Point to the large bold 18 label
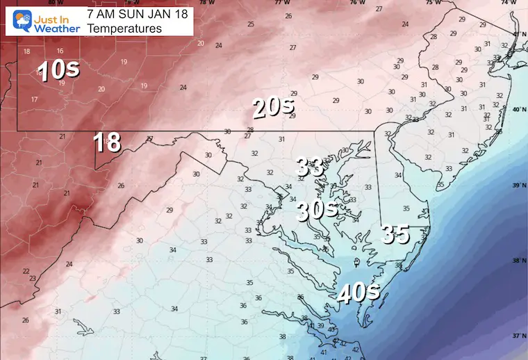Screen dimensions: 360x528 pos(108,142)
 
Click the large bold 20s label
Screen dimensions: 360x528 pos(273,108)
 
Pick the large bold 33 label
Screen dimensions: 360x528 pos(310,167)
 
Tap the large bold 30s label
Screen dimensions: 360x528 pos(317,211)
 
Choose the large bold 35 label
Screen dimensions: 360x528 pos(395,235)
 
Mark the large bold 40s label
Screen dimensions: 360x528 pos(358,293)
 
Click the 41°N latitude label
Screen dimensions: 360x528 pos(517,34)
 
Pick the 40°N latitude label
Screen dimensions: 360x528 pos(517,110)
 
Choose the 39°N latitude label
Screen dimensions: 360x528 pos(517,186)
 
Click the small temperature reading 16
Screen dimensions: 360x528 pos(60,51)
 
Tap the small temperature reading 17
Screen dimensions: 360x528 pos(34,99)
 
